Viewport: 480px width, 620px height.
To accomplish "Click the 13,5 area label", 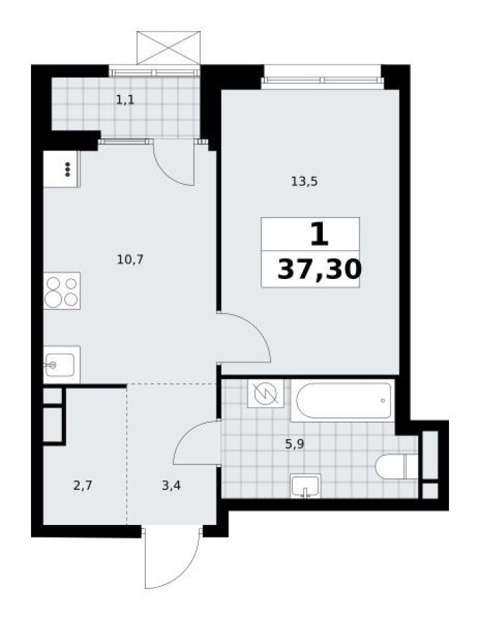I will click(305, 181).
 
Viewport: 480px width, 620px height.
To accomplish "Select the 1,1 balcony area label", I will click(125, 99).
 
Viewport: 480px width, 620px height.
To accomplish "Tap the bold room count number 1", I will click(319, 234).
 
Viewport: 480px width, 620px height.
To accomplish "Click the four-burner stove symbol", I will click(61, 290).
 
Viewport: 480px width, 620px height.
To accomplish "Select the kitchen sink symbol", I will click(61, 364).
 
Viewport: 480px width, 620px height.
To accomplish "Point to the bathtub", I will click(344, 401).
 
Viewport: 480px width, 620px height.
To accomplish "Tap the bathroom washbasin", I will click(305, 485).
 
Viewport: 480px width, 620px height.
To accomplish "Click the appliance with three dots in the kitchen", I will click(61, 169).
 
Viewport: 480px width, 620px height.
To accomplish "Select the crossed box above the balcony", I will click(168, 48).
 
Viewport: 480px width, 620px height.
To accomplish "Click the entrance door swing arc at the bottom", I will click(169, 560).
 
